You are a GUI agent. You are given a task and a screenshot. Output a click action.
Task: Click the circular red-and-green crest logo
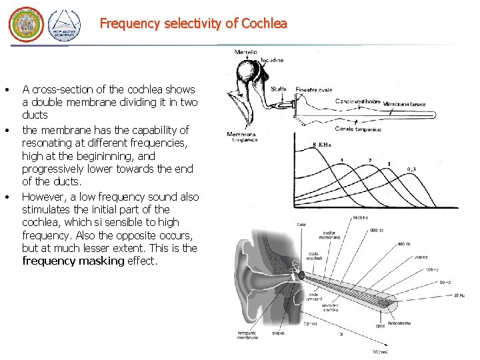[x=25, y=26]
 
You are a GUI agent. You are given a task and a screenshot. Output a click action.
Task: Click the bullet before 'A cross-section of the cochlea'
[x=6, y=90]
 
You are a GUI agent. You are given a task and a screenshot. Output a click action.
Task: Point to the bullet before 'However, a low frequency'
[x=6, y=197]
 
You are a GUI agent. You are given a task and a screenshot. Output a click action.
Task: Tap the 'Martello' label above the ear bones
[x=246, y=52]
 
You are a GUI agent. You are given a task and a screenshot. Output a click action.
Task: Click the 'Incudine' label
[x=271, y=60]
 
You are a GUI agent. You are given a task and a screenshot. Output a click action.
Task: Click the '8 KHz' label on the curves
[x=321, y=145]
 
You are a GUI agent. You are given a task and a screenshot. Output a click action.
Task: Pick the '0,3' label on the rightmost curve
[x=413, y=169]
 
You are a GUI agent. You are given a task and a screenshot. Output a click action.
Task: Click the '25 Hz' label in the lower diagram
[x=458, y=295]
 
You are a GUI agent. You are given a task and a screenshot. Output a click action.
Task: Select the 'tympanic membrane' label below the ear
[x=247, y=335]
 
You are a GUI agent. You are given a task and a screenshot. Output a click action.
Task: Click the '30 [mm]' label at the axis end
[x=379, y=351]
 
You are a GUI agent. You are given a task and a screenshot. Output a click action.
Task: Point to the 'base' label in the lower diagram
[x=301, y=225]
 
